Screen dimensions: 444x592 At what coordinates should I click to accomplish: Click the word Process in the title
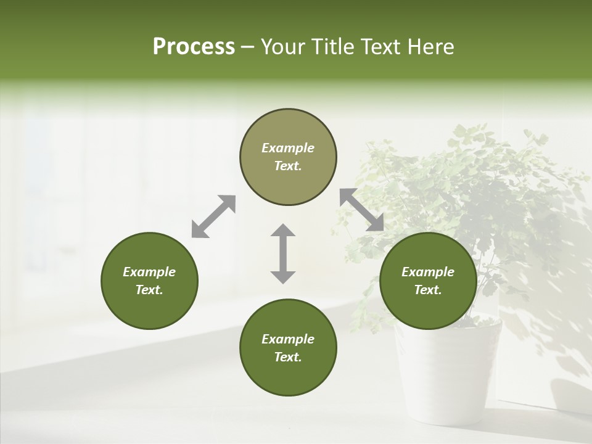click(x=194, y=47)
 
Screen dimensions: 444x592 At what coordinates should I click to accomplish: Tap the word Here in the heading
click(x=430, y=47)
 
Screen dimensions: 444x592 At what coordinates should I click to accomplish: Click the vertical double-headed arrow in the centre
click(x=283, y=253)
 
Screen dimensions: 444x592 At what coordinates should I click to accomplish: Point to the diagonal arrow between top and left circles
click(x=213, y=216)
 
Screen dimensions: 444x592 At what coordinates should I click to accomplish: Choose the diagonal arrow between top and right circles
click(x=362, y=210)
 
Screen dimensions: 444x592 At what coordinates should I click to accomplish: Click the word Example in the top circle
click(x=288, y=148)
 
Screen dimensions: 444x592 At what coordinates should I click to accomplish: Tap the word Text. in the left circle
click(x=149, y=290)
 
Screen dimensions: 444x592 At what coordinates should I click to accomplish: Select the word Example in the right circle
click(x=428, y=272)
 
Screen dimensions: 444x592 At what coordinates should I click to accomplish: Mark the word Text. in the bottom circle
click(x=288, y=357)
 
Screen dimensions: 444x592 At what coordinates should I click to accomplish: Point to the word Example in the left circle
click(x=149, y=272)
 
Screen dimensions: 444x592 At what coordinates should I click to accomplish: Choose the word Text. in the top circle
click(x=288, y=166)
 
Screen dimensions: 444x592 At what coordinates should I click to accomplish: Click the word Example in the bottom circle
click(x=288, y=339)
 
